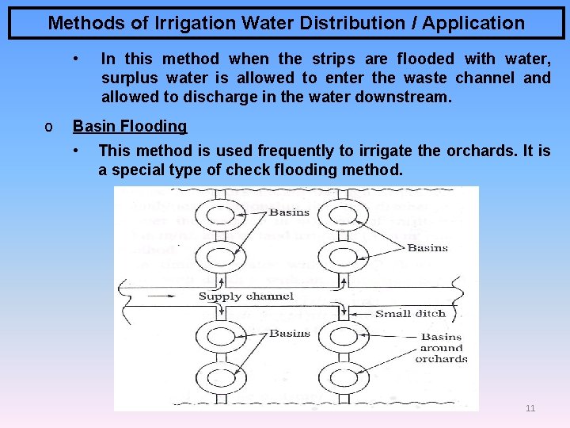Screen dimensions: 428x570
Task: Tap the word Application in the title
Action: coord(473,23)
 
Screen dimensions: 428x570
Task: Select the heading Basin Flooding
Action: coord(130,126)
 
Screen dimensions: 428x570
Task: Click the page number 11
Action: coord(530,408)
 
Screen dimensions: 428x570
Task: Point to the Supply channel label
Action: coord(245,296)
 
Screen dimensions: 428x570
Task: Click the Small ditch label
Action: coord(410,313)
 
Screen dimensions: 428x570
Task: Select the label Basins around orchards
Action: coord(441,348)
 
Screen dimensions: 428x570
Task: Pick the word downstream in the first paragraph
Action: coord(410,97)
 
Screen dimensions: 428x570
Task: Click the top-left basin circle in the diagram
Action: coord(215,214)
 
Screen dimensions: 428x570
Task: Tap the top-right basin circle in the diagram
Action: coord(341,214)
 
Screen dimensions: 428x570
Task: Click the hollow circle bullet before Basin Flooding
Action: coord(49,127)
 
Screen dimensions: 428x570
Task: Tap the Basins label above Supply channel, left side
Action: coord(289,212)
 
